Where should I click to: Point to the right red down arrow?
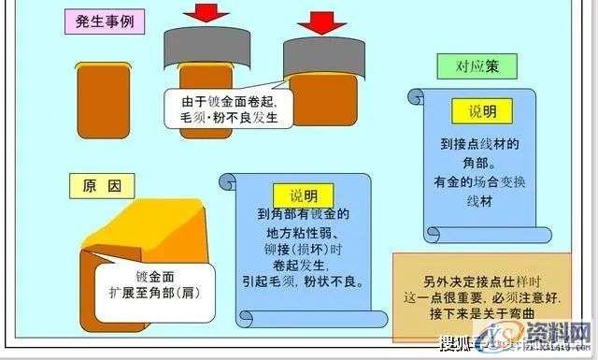pyautogui.click(x=320, y=21)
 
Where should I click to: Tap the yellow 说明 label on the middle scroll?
pyautogui.click(x=304, y=194)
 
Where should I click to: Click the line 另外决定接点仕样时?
pyautogui.click(x=469, y=281)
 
